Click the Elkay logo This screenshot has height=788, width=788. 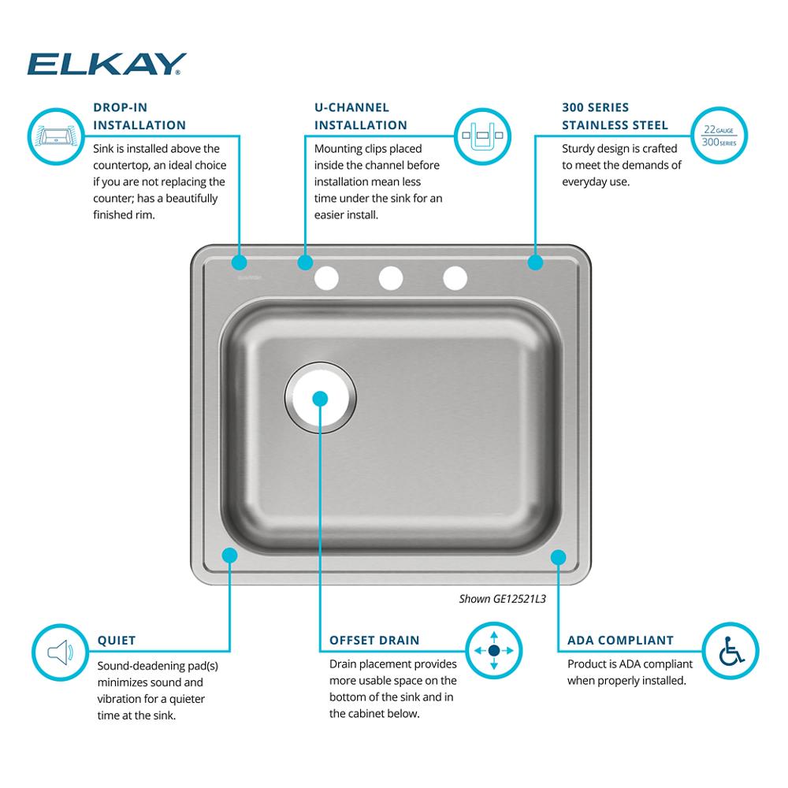click(106, 64)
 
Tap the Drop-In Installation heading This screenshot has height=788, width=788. click(139, 116)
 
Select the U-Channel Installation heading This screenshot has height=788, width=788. click(360, 116)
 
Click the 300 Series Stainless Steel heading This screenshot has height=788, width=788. click(615, 116)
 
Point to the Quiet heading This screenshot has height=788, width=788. click(117, 640)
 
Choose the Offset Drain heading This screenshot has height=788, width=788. click(374, 640)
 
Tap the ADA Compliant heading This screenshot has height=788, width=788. click(620, 640)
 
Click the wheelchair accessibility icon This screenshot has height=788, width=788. click(730, 651)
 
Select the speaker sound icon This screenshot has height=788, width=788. click(61, 652)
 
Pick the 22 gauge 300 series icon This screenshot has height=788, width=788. click(719, 136)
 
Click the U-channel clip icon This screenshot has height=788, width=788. click(482, 136)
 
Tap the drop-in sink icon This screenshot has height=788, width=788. click(56, 136)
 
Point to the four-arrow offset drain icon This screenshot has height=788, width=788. click(494, 651)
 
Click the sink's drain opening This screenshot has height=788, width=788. click(321, 397)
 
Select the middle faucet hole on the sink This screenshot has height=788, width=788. click(391, 278)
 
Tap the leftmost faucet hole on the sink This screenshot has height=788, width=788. click(326, 278)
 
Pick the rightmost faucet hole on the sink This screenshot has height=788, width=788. click(455, 278)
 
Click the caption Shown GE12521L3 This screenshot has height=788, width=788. click(502, 599)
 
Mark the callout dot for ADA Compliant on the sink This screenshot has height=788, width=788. click(559, 557)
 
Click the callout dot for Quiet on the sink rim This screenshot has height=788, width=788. click(229, 556)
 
